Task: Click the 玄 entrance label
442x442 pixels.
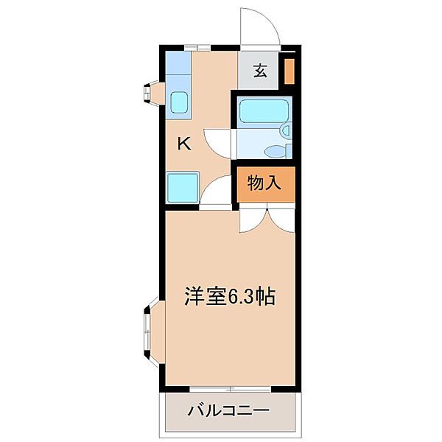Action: (260, 71)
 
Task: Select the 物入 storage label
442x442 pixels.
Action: (264, 183)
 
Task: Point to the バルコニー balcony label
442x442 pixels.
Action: (228, 410)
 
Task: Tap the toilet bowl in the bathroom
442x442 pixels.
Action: (276, 151)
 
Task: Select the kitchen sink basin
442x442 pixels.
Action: (180, 102)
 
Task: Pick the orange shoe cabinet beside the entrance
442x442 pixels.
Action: (290, 71)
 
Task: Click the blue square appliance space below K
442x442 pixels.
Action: (182, 188)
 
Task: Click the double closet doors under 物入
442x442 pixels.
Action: (266, 218)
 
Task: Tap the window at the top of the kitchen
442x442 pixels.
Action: (197, 48)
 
